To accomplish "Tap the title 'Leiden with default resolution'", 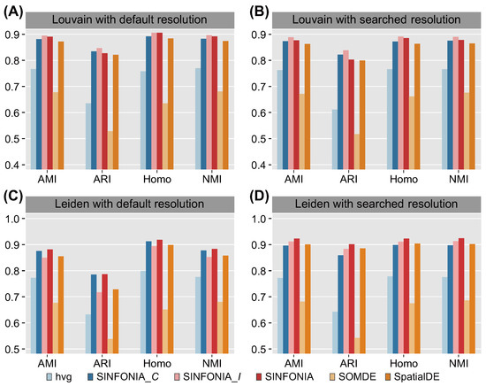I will [124, 207].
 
